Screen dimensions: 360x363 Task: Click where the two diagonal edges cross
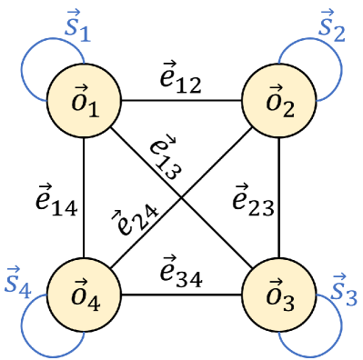click(181, 195)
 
